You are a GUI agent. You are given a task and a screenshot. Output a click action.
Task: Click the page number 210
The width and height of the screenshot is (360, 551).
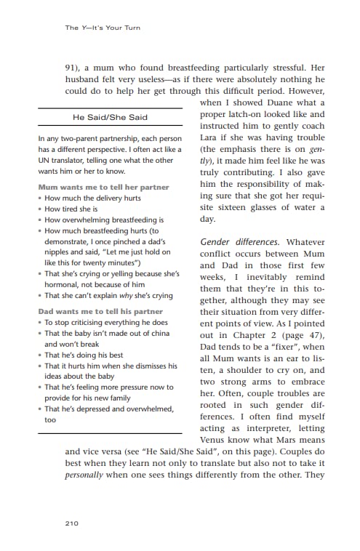tap(71, 523)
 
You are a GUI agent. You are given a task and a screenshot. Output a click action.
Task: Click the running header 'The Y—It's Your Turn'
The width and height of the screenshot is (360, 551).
tap(103, 28)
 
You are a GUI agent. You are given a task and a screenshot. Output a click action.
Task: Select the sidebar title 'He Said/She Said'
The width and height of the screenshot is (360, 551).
tap(110, 116)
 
